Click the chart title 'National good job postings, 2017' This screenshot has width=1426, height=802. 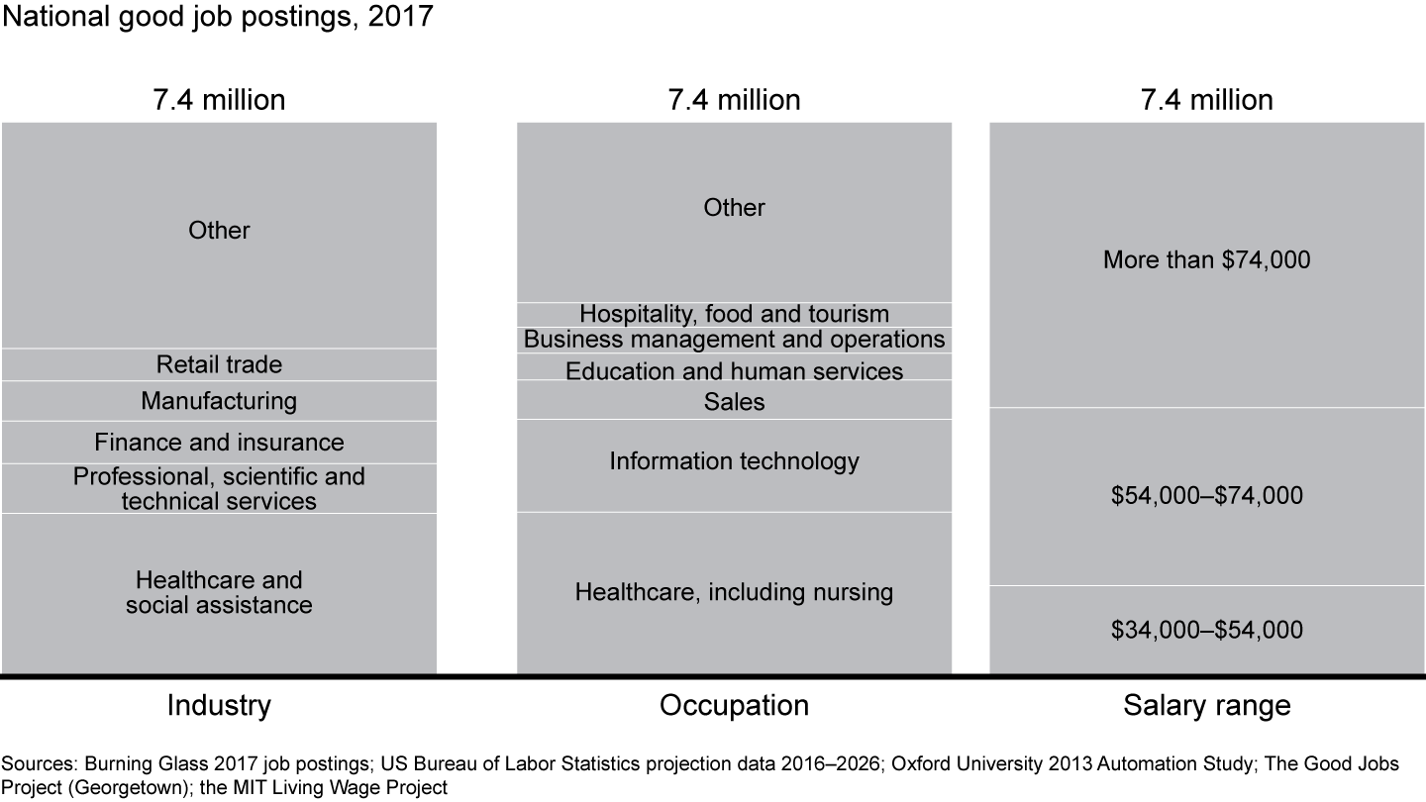coord(217,18)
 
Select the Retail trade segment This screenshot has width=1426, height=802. coord(219,364)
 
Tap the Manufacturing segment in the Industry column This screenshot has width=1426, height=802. coord(219,401)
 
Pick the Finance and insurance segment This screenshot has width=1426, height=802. coord(219,443)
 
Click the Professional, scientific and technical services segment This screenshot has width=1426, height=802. coord(219,488)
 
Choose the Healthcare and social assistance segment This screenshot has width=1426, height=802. coord(219,592)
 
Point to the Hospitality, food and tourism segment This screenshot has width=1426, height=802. coord(734,315)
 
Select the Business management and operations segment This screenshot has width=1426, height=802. coord(734,340)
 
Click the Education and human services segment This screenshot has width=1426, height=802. coord(734,371)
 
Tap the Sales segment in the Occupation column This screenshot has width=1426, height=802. coord(734,401)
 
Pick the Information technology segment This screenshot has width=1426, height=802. coord(734,461)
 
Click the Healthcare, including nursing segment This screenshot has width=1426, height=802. coord(734,592)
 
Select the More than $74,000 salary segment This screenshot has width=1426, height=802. coord(1206,260)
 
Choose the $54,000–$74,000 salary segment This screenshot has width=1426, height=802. coord(1206,495)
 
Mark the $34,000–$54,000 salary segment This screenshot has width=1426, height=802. coord(1206,630)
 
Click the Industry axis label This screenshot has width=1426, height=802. coord(219,705)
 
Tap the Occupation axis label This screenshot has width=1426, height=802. coord(734,705)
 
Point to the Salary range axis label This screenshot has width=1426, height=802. coord(1206,705)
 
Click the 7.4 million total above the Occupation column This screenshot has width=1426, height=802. coord(734,100)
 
